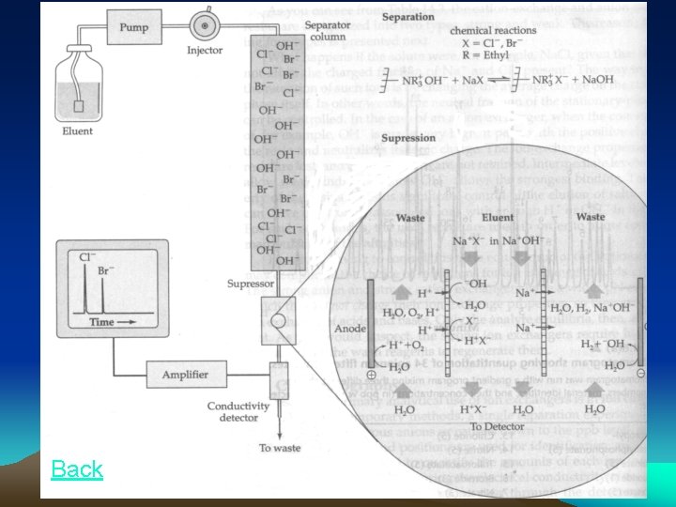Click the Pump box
133,28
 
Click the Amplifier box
184,374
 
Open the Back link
77,469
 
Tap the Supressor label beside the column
249,283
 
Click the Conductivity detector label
238,411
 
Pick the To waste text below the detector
280,448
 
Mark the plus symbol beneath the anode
372,375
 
